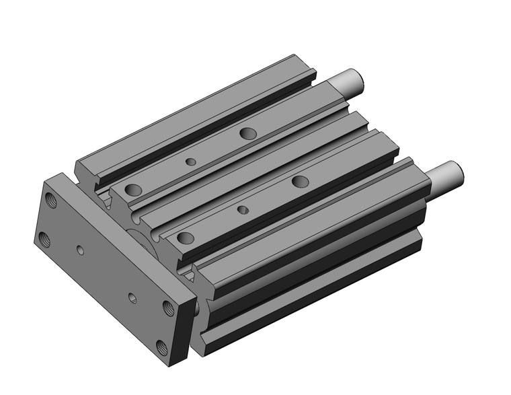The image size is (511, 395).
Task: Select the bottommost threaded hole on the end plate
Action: pyautogui.click(x=161, y=347)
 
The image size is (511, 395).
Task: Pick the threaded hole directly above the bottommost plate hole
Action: pyautogui.click(x=167, y=308)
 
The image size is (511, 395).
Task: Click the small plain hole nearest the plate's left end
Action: pyautogui.click(x=81, y=250)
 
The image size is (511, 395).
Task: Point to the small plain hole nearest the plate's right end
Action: pyautogui.click(x=132, y=296)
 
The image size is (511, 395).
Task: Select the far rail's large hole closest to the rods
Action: pyautogui.click(x=247, y=133)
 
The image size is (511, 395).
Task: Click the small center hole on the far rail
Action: pyautogui.click(x=191, y=161)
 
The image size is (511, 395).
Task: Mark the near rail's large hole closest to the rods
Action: pyautogui.click(x=300, y=180)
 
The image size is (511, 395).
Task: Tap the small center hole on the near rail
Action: pyautogui.click(x=243, y=210)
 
